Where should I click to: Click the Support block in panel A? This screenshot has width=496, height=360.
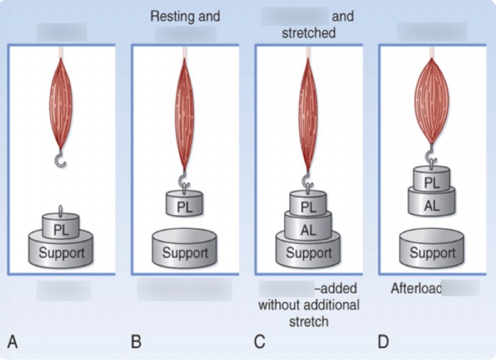point(61,251)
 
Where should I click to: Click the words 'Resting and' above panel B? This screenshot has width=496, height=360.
point(185,16)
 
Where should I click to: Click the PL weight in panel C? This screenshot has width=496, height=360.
point(308,206)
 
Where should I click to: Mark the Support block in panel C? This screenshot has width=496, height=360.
point(308,252)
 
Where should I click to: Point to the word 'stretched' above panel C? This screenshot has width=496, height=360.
point(308,33)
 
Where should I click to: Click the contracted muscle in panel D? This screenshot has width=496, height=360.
point(432,99)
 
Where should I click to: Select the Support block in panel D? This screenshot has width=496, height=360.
point(432,252)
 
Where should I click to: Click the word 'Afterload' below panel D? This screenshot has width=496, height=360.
point(416,289)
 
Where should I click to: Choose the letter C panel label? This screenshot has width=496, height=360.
point(260,342)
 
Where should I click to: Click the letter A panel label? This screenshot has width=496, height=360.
point(13,342)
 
